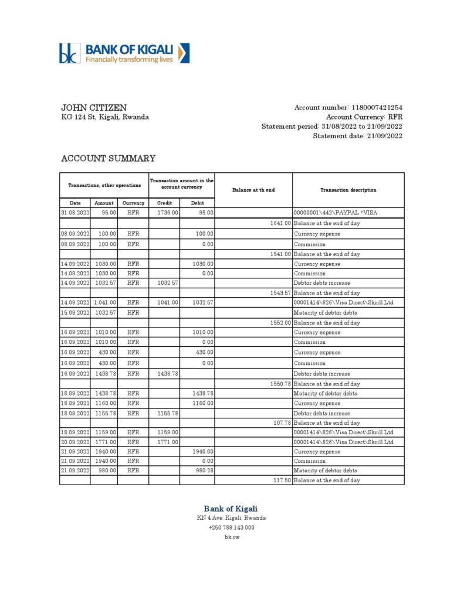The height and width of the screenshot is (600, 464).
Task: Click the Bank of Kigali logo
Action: (124, 53)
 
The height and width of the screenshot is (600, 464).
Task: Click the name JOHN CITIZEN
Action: (94, 108)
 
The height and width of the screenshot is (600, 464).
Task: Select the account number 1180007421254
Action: (377, 108)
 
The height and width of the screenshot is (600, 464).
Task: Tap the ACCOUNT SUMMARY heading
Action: (109, 158)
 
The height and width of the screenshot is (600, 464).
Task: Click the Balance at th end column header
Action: (253, 190)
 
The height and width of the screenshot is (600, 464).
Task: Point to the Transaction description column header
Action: (348, 190)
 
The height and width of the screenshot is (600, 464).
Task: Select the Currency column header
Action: (133, 203)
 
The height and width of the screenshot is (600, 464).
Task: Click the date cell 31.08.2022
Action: (74, 213)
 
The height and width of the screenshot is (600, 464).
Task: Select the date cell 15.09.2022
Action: (74, 312)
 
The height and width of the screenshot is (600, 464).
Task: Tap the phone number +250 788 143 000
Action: (231, 527)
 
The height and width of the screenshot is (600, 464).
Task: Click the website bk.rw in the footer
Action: (231, 537)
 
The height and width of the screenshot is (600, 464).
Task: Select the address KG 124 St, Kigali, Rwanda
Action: (105, 117)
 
